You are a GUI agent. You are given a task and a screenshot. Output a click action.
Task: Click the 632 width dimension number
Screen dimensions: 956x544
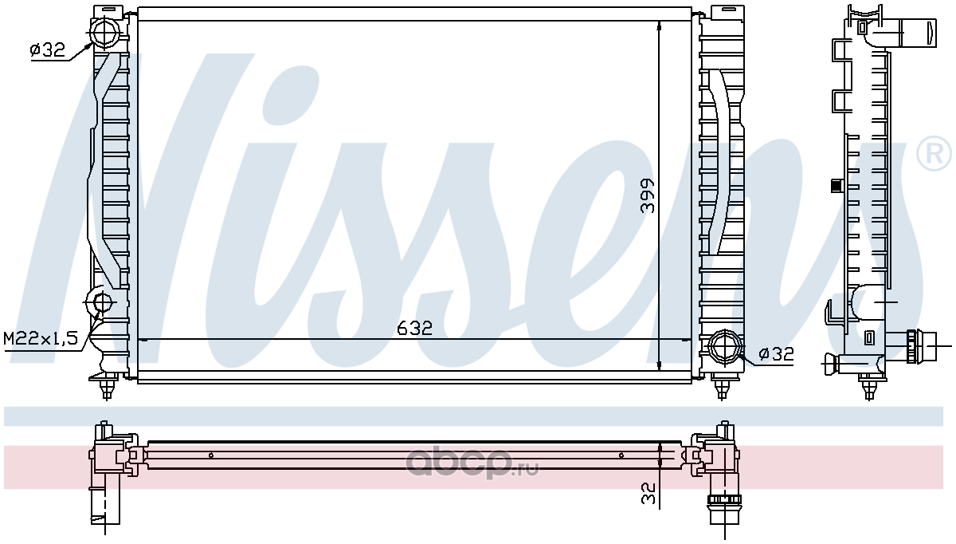click(x=414, y=328)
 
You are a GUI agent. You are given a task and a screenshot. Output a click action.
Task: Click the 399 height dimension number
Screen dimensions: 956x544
click(x=648, y=195)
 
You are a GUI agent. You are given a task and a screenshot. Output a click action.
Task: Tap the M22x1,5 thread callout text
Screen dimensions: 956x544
click(x=41, y=339)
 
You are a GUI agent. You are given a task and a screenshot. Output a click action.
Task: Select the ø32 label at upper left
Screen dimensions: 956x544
click(x=47, y=50)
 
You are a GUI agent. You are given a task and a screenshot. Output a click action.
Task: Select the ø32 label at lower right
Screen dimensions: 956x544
click(x=776, y=353)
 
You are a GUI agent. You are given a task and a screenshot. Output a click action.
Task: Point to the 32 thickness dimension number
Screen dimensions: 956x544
click(x=648, y=493)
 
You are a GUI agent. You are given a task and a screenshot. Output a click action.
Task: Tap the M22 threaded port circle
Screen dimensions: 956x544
click(x=102, y=302)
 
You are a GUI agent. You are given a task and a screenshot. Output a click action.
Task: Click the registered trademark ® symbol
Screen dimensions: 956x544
click(x=934, y=153)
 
